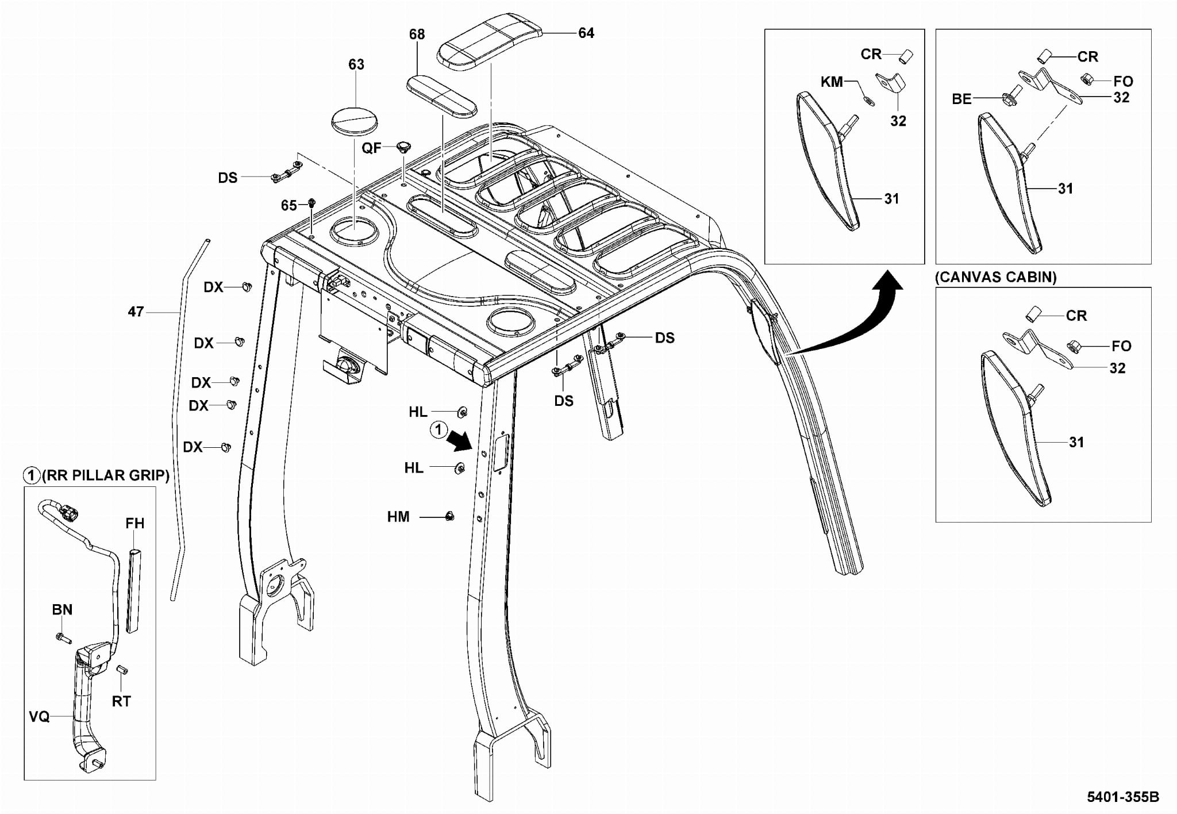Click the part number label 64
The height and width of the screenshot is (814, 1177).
586,33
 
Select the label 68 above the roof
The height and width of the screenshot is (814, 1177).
417,34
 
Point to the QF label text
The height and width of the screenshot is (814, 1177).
371,148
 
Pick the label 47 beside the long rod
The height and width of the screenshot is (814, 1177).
136,312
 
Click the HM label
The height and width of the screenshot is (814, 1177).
398,517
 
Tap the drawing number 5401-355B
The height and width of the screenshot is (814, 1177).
1123,797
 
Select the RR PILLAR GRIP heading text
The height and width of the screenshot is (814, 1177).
106,475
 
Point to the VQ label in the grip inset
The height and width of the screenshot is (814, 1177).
39,716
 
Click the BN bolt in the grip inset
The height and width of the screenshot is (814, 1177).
62,638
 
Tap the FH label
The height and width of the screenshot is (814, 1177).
135,523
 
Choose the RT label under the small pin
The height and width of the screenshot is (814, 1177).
121,701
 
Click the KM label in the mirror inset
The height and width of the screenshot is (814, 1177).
832,82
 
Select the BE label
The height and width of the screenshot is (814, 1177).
961,99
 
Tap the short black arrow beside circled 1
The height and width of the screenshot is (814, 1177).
460,442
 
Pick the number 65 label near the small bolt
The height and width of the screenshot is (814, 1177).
289,205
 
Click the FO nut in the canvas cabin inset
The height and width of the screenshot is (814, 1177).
1072,347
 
